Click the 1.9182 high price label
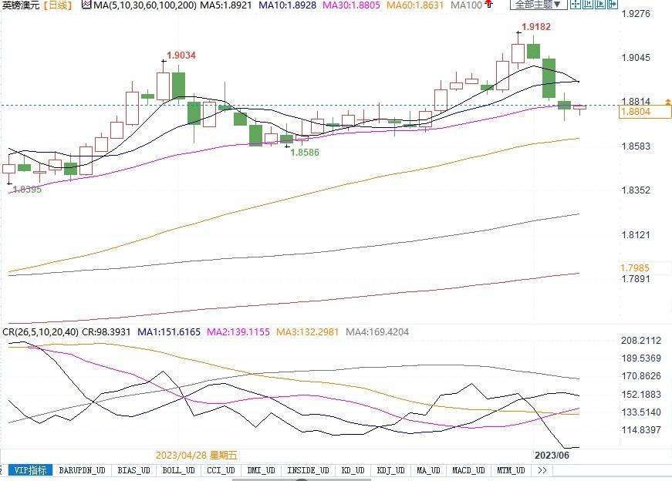(x=536, y=27)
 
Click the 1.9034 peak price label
(x=181, y=55)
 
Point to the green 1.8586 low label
(x=304, y=153)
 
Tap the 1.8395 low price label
(x=27, y=189)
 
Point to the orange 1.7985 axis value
(x=636, y=267)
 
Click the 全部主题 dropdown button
(x=537, y=5)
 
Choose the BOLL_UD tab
(x=178, y=470)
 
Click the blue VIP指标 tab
(x=31, y=470)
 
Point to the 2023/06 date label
(x=552, y=455)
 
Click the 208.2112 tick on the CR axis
(x=640, y=341)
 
